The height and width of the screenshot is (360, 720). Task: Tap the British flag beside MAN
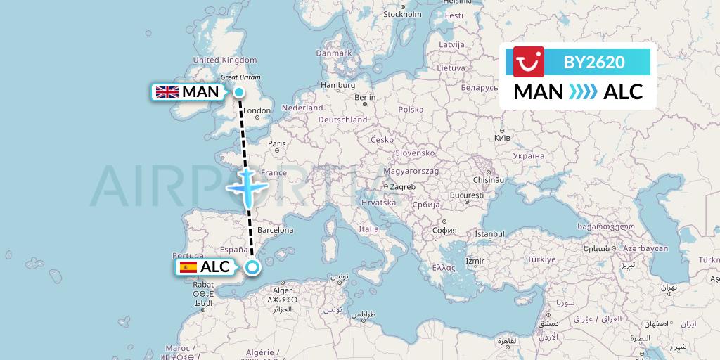click(167, 91)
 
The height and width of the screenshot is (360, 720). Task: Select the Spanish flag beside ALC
click(188, 266)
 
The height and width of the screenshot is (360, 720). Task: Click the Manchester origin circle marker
click(239, 92)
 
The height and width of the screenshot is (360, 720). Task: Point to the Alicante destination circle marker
click(252, 266)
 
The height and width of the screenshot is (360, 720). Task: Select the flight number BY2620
click(594, 63)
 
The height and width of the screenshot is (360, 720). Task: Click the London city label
click(257, 110)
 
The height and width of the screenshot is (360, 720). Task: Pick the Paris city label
click(276, 143)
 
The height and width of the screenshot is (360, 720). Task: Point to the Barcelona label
click(275, 230)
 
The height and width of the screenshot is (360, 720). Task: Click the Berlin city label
click(365, 98)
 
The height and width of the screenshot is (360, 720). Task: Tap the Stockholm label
click(402, 14)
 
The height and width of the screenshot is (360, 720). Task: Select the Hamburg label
click(337, 85)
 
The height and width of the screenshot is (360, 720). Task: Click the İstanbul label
click(489, 233)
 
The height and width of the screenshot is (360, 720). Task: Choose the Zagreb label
click(402, 186)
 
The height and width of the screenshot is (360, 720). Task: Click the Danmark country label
click(333, 53)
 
